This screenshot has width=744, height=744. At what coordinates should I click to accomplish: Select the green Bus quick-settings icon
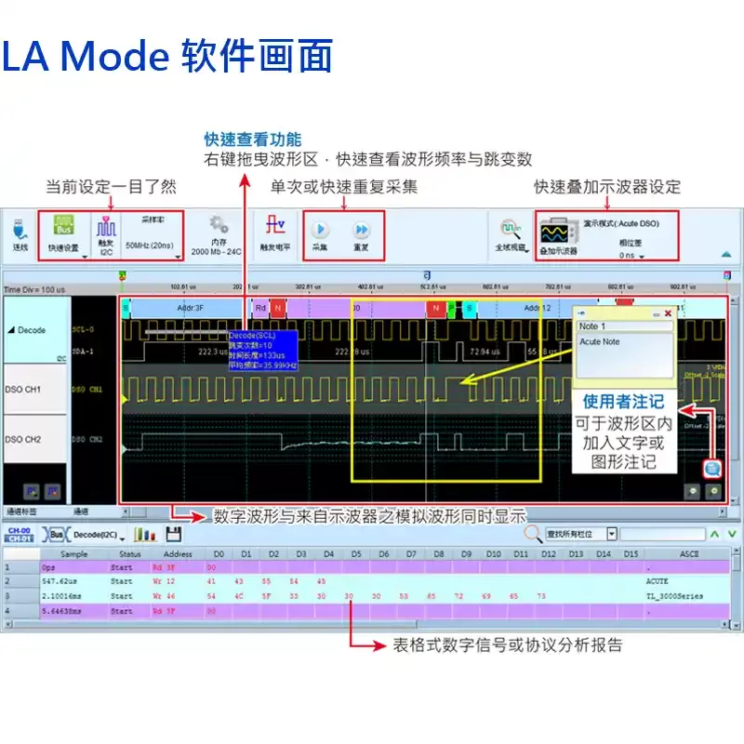click(x=64, y=227)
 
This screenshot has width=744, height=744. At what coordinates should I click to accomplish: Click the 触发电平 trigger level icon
click(x=274, y=227)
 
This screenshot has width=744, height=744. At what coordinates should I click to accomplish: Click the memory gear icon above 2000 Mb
click(x=218, y=225)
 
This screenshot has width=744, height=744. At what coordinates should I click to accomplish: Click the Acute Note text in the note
click(x=600, y=342)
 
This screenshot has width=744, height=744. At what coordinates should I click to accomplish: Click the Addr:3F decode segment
click(x=190, y=307)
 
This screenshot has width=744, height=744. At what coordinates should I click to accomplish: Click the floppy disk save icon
click(x=173, y=534)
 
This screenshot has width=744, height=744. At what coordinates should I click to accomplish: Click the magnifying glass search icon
click(x=533, y=534)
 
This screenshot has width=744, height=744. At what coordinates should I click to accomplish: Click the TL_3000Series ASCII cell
click(x=674, y=596)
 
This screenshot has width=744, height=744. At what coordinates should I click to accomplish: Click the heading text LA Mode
click(x=84, y=58)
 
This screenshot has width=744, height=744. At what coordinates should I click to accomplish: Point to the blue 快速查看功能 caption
click(x=253, y=139)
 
